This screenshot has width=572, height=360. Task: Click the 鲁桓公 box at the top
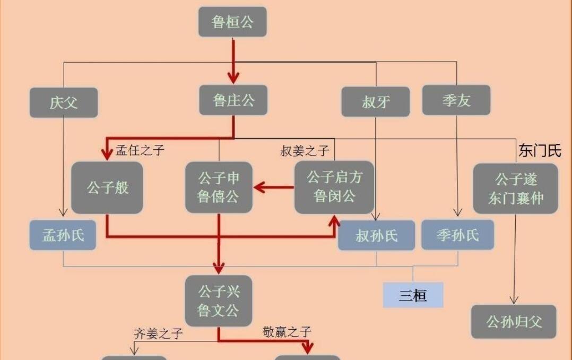232,22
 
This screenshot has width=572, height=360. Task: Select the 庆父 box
64,102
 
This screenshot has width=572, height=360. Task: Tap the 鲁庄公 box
233,100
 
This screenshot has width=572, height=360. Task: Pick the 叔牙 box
375,101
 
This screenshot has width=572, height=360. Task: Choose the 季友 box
456,100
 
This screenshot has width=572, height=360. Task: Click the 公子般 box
107,187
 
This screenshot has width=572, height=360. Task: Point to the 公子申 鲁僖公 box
219,187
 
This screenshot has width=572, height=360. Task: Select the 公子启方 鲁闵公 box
334,187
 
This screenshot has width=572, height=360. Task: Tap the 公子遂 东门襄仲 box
515,188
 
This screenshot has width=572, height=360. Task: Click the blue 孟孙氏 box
63,235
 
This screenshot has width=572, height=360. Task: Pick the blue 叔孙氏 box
377,235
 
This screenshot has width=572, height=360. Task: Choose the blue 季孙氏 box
458,235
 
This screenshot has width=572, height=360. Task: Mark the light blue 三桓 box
413,295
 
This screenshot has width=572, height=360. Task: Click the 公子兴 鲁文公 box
219,301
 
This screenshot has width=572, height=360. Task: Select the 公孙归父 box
514,322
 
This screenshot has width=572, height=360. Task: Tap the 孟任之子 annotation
140,150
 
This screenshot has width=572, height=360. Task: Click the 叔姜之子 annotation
305,150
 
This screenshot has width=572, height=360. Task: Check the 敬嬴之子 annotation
287,332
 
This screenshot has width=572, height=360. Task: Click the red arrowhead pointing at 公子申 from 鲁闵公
259,187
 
